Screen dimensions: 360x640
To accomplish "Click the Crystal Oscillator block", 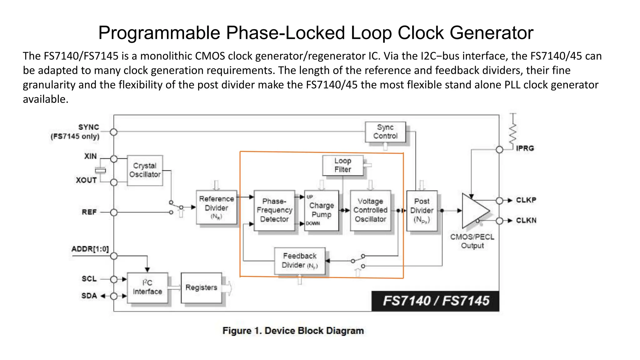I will click(145, 170).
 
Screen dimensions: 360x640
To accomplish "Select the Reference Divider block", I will click(216, 207).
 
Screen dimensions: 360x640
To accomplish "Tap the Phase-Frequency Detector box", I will click(274, 210).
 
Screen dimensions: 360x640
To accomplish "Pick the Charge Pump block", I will click(322, 210).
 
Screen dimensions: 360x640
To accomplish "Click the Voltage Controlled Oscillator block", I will click(370, 210).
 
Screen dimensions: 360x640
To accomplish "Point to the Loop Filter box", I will click(343, 165).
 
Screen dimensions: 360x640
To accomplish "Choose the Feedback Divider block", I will click(300, 261).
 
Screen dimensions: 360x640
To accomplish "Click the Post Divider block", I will click(422, 211).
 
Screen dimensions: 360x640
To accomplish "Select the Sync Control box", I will click(385, 132).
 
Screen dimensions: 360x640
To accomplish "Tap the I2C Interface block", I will click(147, 287).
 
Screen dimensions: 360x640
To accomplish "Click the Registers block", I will click(201, 287).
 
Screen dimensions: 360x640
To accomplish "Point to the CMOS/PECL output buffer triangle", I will click(473, 211).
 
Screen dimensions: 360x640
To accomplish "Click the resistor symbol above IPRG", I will click(513, 133).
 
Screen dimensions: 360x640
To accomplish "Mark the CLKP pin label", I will click(526, 200).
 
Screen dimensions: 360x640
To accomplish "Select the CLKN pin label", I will click(526, 221).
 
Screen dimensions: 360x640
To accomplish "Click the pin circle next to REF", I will click(114, 212).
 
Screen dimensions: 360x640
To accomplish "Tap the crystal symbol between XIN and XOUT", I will click(100, 170).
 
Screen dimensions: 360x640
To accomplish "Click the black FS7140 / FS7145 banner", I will click(435, 301).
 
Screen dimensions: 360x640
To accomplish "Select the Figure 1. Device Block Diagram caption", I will click(293, 331).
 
